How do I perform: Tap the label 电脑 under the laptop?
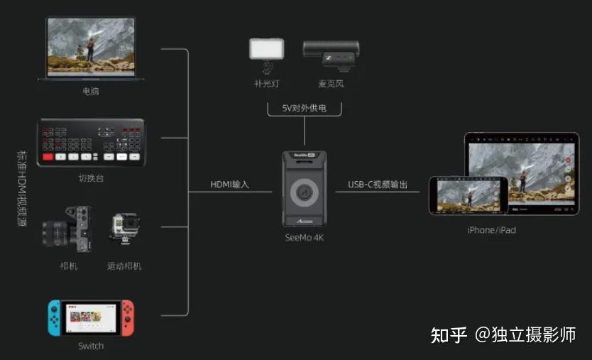(91, 92)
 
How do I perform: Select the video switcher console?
(91, 142)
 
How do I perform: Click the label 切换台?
(91, 178)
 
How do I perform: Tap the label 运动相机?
(124, 266)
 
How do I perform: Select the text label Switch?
(91, 347)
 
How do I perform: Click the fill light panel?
(266, 49)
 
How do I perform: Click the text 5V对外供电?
(305, 109)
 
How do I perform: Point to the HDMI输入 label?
(230, 185)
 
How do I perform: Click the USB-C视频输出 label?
(378, 185)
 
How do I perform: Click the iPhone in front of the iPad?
(468, 195)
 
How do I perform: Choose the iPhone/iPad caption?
(491, 230)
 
